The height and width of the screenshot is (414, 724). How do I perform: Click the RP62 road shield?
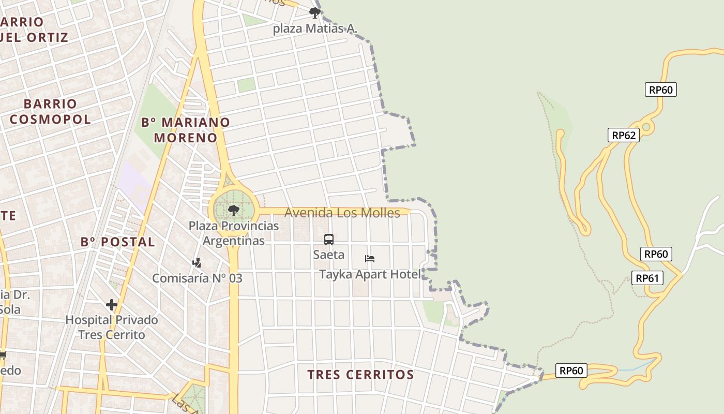click(623, 136)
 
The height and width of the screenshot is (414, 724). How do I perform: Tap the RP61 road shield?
click(647, 278)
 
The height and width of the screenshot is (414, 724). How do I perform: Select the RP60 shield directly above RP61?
click(656, 254)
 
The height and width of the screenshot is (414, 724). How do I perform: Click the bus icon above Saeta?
click(329, 240)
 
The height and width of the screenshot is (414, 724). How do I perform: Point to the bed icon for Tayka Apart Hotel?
click(369, 259)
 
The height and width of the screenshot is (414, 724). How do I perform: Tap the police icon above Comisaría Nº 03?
click(197, 263)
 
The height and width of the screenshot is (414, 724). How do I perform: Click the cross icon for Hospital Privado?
click(111, 305)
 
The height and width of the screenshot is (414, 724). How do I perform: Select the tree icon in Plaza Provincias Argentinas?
click(234, 210)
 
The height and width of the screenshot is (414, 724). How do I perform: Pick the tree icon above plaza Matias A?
click(314, 12)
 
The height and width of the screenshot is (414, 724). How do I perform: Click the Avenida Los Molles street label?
click(342, 213)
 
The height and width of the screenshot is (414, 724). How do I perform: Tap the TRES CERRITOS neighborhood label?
click(360, 375)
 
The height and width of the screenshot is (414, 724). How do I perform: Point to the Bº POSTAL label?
click(118, 242)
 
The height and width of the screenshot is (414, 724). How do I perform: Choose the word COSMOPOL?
click(50, 119)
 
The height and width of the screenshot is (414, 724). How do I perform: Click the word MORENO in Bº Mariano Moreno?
click(186, 138)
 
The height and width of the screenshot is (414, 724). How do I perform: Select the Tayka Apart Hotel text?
click(370, 274)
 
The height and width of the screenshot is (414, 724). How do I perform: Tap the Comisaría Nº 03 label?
click(197, 278)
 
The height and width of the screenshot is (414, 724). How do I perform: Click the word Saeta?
click(329, 255)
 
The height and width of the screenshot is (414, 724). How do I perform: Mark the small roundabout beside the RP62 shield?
click(646, 127)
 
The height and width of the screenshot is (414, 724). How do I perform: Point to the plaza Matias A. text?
click(315, 28)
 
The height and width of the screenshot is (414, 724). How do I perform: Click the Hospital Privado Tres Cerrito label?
click(112, 327)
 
